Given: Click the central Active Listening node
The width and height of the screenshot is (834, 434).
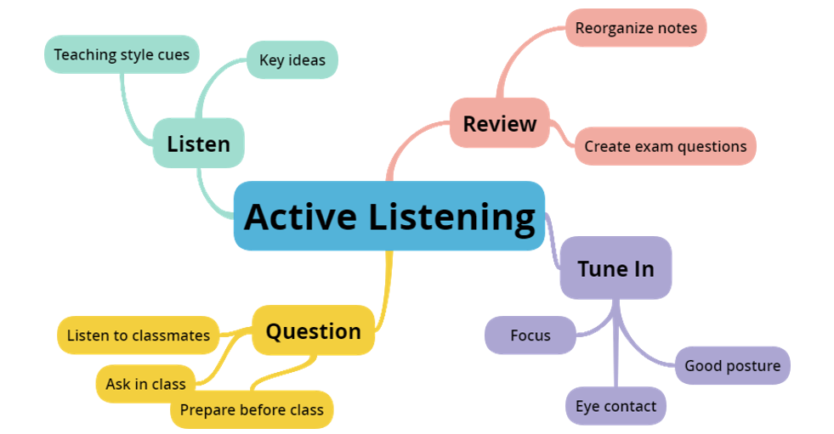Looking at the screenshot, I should pyautogui.click(x=389, y=216).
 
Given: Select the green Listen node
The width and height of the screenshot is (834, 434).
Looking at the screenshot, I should pyautogui.click(x=198, y=143).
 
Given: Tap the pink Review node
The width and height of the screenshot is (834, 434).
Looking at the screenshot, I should pyautogui.click(x=499, y=123).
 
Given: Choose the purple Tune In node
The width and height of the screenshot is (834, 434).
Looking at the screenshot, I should pyautogui.click(x=616, y=268).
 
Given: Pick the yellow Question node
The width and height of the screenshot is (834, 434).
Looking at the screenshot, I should pyautogui.click(x=313, y=330).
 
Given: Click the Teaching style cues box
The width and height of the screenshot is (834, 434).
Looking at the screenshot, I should pyautogui.click(x=122, y=54).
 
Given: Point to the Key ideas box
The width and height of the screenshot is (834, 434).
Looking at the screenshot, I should pyautogui.click(x=292, y=60).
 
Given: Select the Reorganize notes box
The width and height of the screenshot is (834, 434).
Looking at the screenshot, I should pyautogui.click(x=635, y=28).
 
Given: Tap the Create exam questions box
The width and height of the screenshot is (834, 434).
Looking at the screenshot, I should pyautogui.click(x=665, y=146).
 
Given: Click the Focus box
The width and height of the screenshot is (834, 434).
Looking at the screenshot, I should pyautogui.click(x=530, y=335).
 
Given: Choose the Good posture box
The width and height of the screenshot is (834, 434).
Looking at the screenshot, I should pyautogui.click(x=732, y=366).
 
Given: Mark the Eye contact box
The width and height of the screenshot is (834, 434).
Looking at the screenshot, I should pyautogui.click(x=615, y=406).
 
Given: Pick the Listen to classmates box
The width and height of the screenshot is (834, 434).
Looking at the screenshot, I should pyautogui.click(x=138, y=335).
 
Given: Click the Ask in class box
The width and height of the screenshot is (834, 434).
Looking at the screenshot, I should pyautogui.click(x=145, y=384).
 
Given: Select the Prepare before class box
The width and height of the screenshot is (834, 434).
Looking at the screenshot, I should pyautogui.click(x=252, y=410).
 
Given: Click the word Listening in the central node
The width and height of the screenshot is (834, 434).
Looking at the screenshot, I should pyautogui.click(x=451, y=217).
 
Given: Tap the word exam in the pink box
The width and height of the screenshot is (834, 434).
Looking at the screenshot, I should pyautogui.click(x=652, y=146).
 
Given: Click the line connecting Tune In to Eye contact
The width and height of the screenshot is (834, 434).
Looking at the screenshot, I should pyautogui.click(x=616, y=357).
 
